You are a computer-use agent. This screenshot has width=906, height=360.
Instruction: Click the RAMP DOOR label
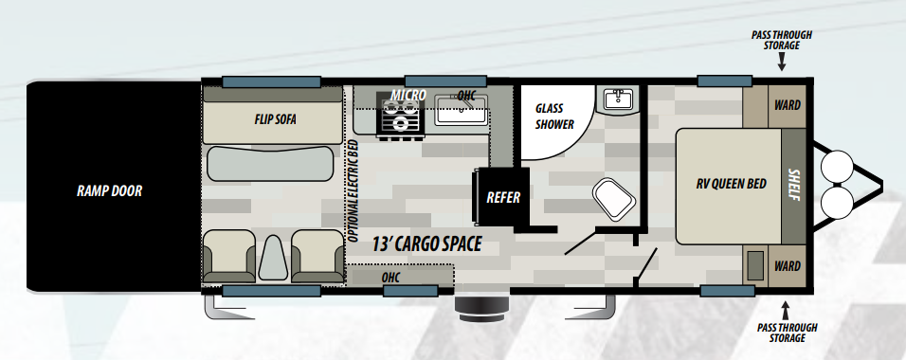pyautogui.click(x=109, y=190)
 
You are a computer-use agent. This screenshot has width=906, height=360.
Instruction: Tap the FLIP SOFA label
pyautogui.click(x=275, y=119)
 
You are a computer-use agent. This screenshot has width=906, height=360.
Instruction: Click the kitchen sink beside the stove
pyautogui.click(x=462, y=109)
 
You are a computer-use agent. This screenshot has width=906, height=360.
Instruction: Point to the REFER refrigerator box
pyautogui.click(x=501, y=198)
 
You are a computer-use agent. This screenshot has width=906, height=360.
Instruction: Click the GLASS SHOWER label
pyautogui.click(x=554, y=117)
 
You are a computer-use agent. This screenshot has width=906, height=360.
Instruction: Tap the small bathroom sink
pyautogui.click(x=618, y=99)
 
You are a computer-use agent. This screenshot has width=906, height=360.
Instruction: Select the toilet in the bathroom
pyautogui.click(x=614, y=199)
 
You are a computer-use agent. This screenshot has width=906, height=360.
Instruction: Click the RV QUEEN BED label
pyautogui.click(x=731, y=184)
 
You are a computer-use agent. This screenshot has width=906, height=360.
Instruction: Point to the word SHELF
pyautogui.click(x=794, y=185)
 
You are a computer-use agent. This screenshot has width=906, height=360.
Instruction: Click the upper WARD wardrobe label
pyautogui.click(x=787, y=105)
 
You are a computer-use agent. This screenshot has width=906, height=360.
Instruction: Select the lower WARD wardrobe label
pyautogui.click(x=787, y=266)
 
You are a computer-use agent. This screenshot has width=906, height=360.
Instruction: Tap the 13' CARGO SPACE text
pyautogui.click(x=426, y=243)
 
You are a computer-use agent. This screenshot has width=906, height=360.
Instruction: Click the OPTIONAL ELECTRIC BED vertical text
pyautogui.click(x=353, y=191)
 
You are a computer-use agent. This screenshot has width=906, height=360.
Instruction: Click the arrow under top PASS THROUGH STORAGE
pyautogui.click(x=781, y=62)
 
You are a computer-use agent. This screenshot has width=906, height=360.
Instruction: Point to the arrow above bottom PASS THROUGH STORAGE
pyautogui.click(x=786, y=310)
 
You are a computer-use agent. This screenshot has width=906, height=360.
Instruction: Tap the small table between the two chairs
pyautogui.click(x=273, y=259)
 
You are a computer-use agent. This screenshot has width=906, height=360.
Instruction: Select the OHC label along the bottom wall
pyautogui.click(x=390, y=278)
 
